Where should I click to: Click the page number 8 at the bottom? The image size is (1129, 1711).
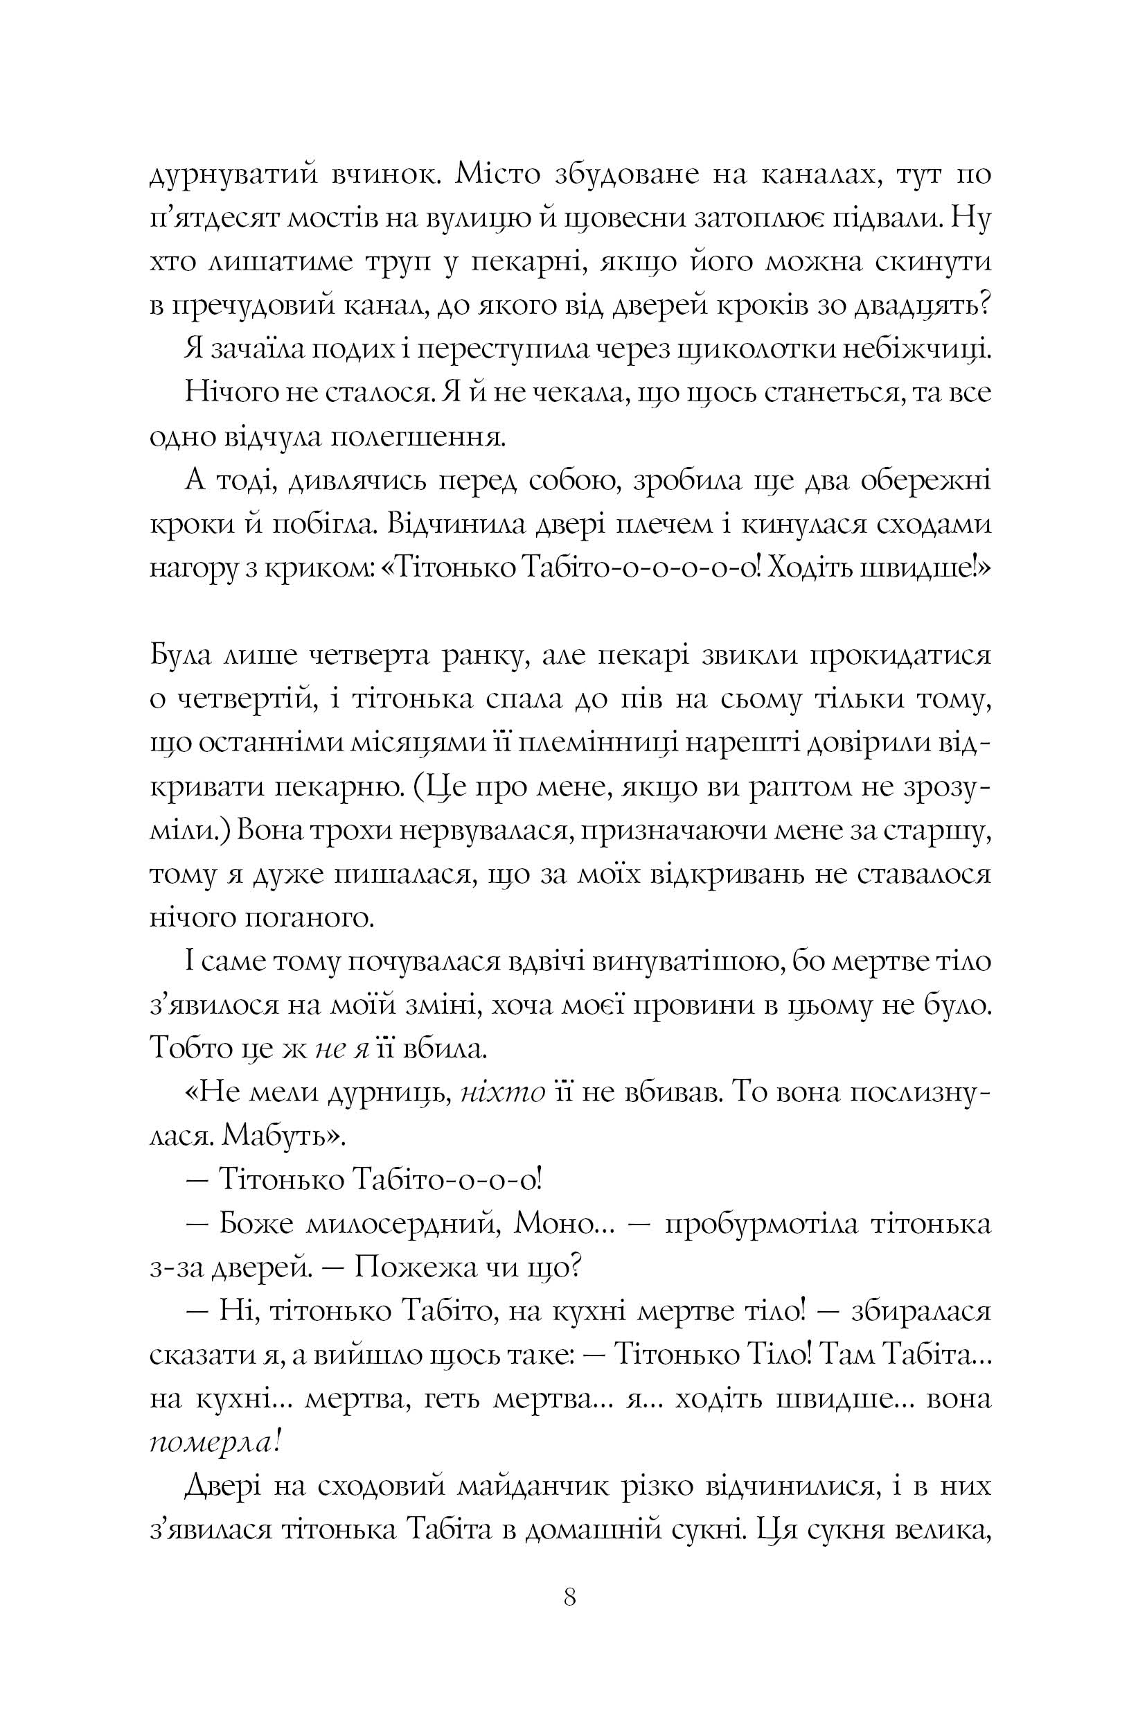[x=569, y=1597]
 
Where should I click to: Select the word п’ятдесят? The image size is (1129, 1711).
[x=212, y=219]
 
